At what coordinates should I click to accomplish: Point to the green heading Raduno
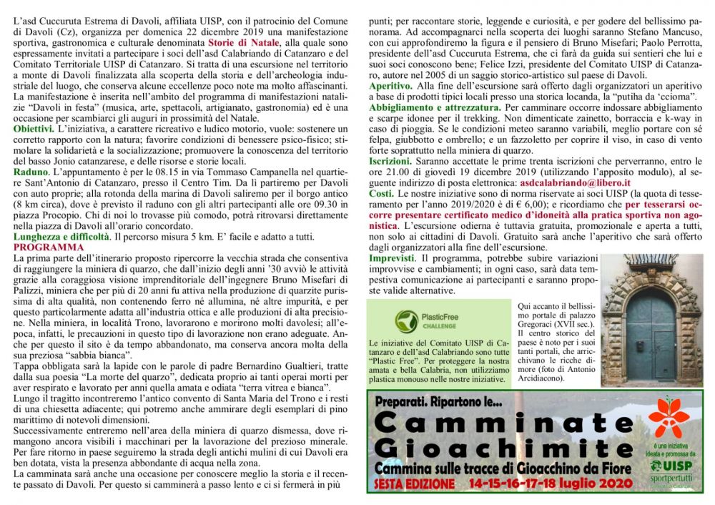pyautogui.click(x=30, y=172)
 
